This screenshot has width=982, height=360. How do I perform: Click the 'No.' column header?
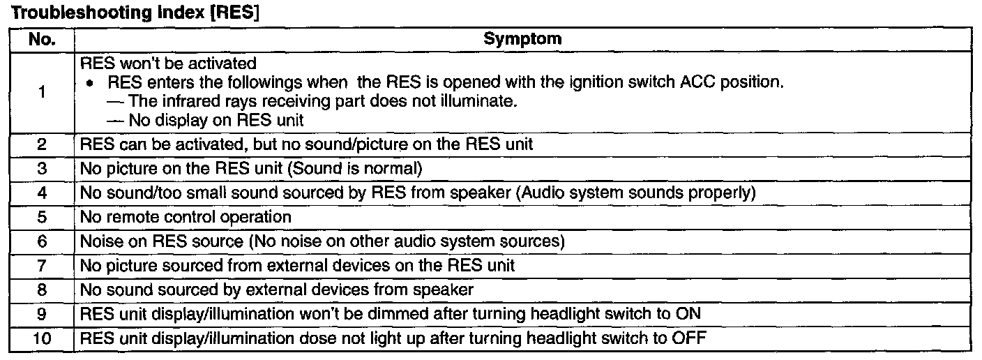[43, 40]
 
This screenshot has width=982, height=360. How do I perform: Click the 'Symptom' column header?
[522, 40]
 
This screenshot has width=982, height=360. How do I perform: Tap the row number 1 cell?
[43, 92]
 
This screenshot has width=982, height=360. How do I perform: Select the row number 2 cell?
[43, 145]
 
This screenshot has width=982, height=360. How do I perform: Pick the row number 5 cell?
[43, 217]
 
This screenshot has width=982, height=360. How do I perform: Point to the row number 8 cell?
[43, 290]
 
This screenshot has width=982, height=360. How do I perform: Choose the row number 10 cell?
[43, 339]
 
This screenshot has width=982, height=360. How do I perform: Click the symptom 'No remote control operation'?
[186, 217]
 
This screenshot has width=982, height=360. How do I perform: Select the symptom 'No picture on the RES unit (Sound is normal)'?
[252, 169]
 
